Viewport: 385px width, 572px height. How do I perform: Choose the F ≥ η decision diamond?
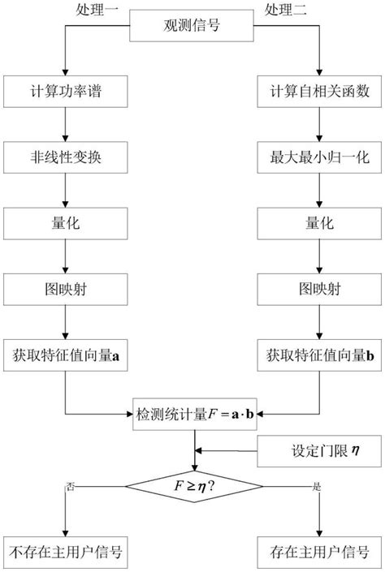(194, 487)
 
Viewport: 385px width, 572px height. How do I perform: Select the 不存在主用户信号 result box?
(65, 553)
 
